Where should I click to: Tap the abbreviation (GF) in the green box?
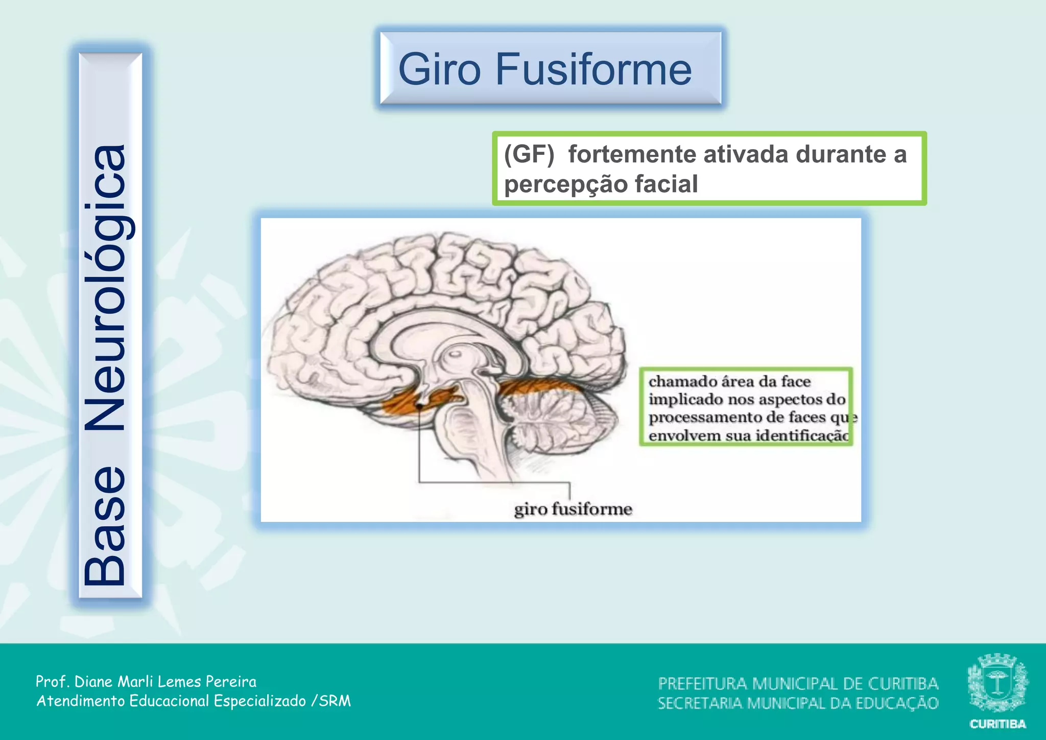point(529,154)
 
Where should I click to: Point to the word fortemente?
point(632,154)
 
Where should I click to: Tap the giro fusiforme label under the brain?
point(573,509)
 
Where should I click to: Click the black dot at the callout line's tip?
point(419,406)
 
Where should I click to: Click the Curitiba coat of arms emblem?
point(997,683)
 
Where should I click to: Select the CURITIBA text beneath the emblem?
point(997,724)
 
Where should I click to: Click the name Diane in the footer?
point(94,681)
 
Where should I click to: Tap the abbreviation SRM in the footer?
point(335,701)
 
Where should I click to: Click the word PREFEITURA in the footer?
point(702,683)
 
